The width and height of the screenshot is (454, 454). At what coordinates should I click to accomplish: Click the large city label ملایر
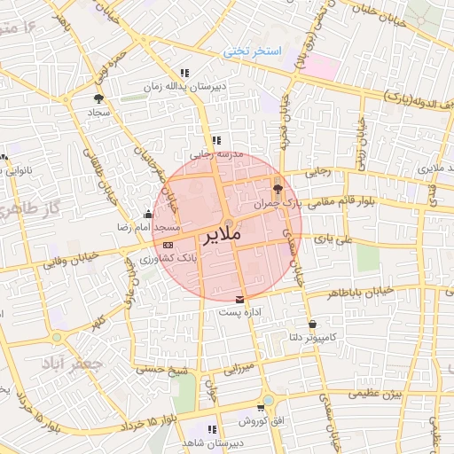tap(223, 237)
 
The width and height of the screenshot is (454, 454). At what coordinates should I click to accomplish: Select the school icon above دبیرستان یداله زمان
tap(184, 74)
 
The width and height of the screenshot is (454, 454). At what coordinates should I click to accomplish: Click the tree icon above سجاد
tap(98, 98)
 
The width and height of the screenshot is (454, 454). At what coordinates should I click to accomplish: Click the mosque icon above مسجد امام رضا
tap(147, 214)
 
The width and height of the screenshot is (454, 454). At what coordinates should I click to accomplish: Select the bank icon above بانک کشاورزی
tap(168, 243)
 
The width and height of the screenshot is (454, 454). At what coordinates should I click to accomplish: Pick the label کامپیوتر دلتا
tap(306, 337)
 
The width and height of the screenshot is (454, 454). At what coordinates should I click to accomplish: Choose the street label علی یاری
tap(338, 239)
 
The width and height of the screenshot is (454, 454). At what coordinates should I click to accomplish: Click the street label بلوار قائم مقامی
tap(344, 202)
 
